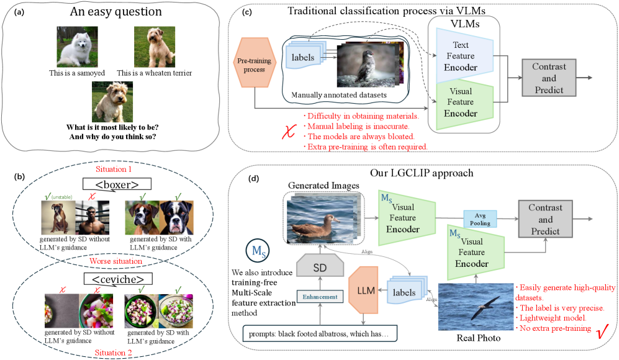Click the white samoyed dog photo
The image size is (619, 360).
[x=73, y=46]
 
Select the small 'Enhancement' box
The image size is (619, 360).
[x=320, y=297]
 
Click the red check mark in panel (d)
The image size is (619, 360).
[x=600, y=332]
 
